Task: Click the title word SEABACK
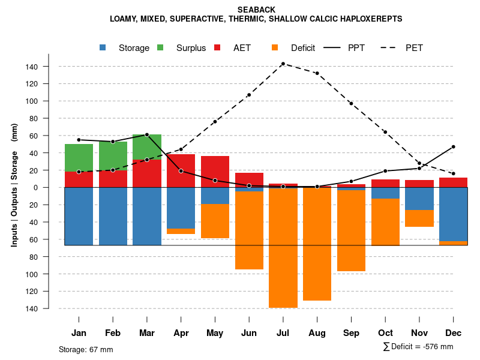click(256, 10)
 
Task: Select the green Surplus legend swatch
click(161, 48)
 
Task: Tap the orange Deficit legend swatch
click(275, 48)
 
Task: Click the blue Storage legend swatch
click(103, 48)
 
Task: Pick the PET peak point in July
click(283, 64)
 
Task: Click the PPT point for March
click(147, 134)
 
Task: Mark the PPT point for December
click(453, 146)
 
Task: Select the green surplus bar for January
click(79, 158)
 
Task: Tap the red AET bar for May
click(215, 172)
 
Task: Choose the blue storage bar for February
click(113, 216)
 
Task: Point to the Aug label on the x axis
click(317, 333)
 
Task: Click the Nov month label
click(419, 333)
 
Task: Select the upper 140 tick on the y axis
click(49, 67)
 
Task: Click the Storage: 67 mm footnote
click(86, 349)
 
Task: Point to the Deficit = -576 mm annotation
click(418, 347)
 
